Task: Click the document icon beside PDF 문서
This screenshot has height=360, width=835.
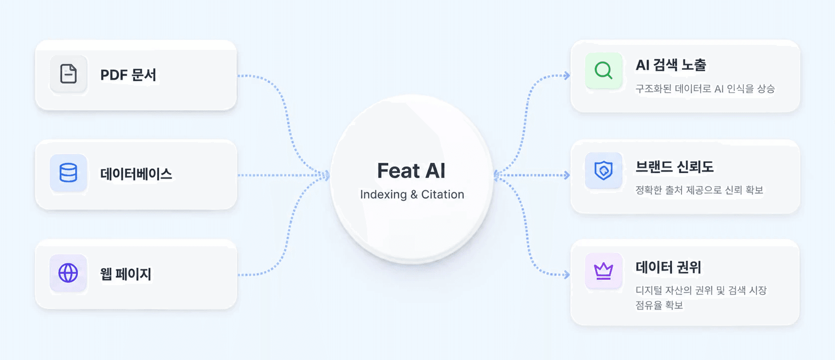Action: (69, 73)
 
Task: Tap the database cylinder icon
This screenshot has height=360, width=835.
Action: (68, 173)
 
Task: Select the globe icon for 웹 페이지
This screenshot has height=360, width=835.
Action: (68, 273)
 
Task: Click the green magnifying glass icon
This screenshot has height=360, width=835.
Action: (604, 70)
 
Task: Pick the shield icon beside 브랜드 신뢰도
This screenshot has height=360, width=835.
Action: (604, 171)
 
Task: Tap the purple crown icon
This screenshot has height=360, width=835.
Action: (604, 271)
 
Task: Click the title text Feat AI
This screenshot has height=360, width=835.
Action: (412, 171)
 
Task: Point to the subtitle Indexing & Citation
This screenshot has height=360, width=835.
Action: (412, 194)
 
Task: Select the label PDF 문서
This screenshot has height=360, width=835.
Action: (128, 75)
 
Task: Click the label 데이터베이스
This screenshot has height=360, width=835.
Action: (136, 174)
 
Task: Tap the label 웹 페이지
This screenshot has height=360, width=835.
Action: (126, 274)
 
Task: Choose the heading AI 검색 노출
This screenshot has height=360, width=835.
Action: (670, 65)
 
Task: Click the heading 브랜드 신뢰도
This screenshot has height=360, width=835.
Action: (674, 167)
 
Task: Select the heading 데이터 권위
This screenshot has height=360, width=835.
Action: (668, 267)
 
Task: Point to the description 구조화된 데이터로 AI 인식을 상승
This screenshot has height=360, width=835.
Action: (705, 89)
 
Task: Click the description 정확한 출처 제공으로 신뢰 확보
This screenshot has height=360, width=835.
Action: (699, 190)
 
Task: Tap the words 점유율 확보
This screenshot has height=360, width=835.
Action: (659, 305)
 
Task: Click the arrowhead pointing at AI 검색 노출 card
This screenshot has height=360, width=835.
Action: (567, 76)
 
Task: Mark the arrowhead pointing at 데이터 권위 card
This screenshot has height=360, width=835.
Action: (567, 275)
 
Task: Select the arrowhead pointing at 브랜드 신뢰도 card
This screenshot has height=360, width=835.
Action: (567, 175)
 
